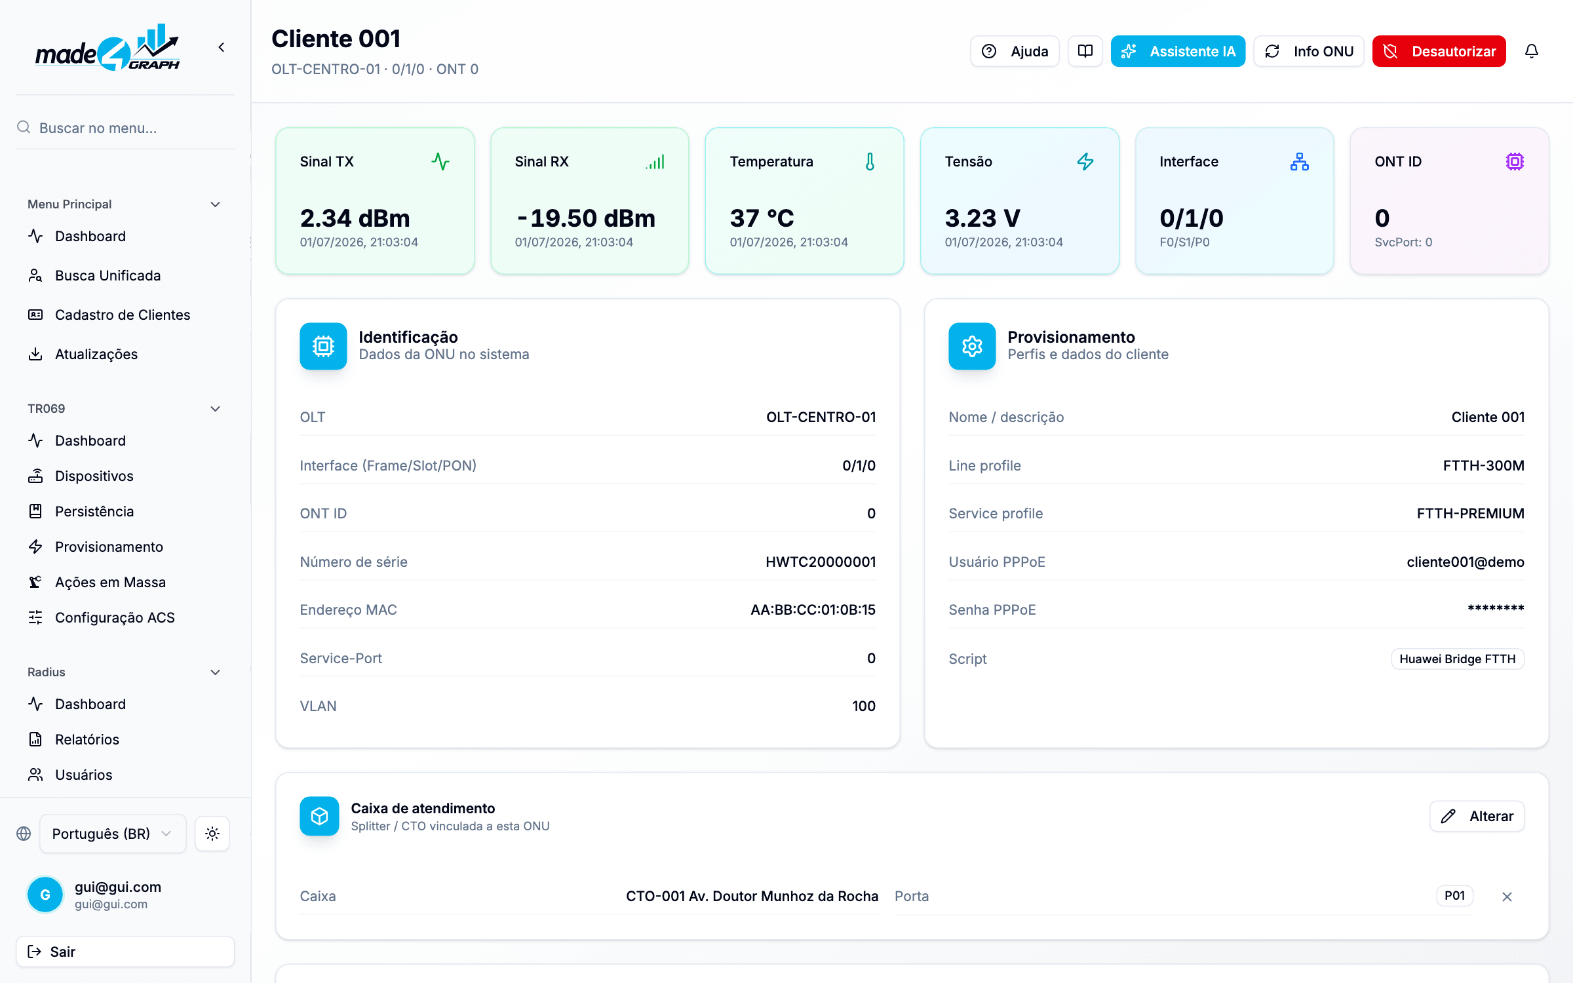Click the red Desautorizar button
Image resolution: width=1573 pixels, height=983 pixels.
pos(1439,51)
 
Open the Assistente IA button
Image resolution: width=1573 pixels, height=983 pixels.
pos(1178,51)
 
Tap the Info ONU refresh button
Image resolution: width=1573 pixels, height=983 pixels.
pos(1308,51)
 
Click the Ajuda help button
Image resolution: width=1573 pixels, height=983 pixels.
pos(1015,51)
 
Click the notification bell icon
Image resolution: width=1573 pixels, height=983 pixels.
pos(1532,51)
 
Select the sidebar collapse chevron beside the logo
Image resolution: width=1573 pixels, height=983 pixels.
pos(222,47)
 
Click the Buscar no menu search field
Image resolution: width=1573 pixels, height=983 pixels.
pos(125,128)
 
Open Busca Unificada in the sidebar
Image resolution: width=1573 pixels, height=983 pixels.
pos(107,275)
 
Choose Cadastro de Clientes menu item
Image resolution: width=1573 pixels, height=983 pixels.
pos(123,315)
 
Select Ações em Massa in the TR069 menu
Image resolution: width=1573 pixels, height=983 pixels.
pos(110,582)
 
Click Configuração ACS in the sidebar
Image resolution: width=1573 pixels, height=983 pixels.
pos(115,617)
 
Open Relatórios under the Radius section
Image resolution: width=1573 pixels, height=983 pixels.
pos(87,739)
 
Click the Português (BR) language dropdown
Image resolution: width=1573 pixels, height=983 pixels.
pos(113,834)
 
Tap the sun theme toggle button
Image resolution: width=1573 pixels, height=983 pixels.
pos(212,834)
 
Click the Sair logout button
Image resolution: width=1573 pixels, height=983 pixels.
pos(125,952)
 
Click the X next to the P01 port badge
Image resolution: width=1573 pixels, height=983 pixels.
pos(1507,896)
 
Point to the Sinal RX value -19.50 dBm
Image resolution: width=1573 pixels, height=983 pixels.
pos(585,218)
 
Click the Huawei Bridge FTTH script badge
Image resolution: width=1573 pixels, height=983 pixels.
pos(1458,659)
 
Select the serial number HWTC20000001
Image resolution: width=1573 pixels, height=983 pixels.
pos(821,562)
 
